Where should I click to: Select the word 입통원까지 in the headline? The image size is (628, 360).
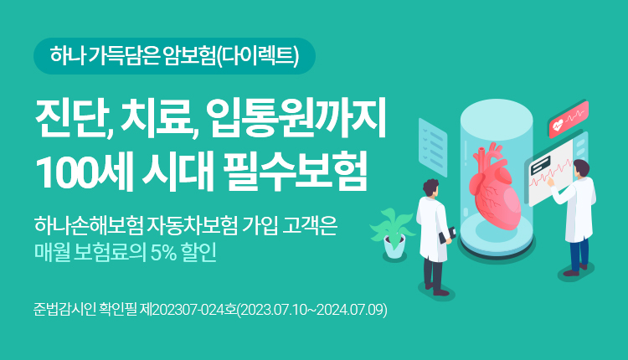pos(297,118)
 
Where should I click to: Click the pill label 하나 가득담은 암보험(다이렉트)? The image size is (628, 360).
pos(174,56)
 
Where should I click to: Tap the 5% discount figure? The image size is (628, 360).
pos(163,252)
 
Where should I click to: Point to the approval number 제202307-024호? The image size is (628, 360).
pos(188,310)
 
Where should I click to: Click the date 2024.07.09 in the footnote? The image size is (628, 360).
pos(351,310)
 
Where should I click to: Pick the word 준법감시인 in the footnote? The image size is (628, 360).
pos(64,310)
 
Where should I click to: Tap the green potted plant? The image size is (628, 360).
pos(392,234)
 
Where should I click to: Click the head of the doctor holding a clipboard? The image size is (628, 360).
pos(431,188)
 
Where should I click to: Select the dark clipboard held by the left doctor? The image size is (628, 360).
pos(448,235)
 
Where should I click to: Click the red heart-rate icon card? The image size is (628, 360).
pos(569,120)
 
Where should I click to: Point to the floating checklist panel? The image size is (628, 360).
pos(433,147)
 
